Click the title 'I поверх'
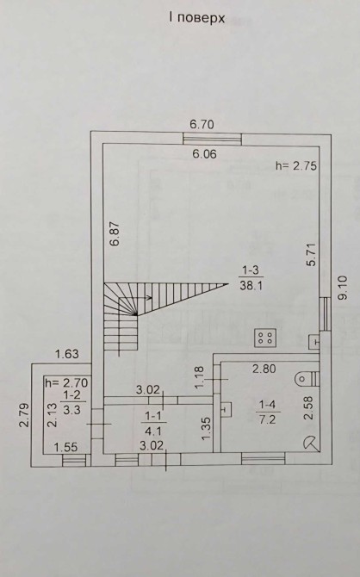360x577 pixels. [x=196, y=18]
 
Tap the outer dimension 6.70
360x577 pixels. [x=202, y=124]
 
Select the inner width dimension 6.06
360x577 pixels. [x=205, y=154]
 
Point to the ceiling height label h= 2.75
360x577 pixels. [x=296, y=165]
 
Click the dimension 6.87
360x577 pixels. [x=115, y=233]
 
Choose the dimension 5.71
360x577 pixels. [x=313, y=254]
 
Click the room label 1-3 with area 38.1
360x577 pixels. [x=251, y=278]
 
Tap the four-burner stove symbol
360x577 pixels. [x=265, y=338]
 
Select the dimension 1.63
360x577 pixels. [x=67, y=354]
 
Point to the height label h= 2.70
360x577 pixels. [x=66, y=383]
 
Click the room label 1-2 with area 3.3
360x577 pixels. [x=71, y=402]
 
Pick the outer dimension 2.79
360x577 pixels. [x=24, y=415]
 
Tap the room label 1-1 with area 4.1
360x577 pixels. [x=153, y=423]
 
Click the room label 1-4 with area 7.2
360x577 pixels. [x=267, y=413]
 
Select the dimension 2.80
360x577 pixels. [x=264, y=369]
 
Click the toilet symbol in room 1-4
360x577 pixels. [x=307, y=378]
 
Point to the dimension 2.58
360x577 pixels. [x=309, y=407]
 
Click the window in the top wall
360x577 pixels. [x=213, y=139]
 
